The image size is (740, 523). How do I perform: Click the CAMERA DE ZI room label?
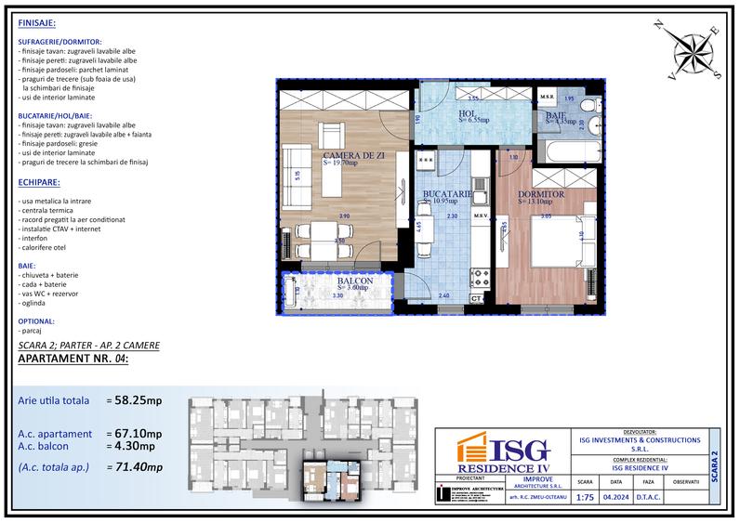point(350,154)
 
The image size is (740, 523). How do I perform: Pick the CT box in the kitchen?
point(477,298)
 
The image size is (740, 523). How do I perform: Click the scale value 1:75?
point(585,497)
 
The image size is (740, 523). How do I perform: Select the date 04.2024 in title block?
point(614,497)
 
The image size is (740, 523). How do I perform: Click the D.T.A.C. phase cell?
point(648,497)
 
